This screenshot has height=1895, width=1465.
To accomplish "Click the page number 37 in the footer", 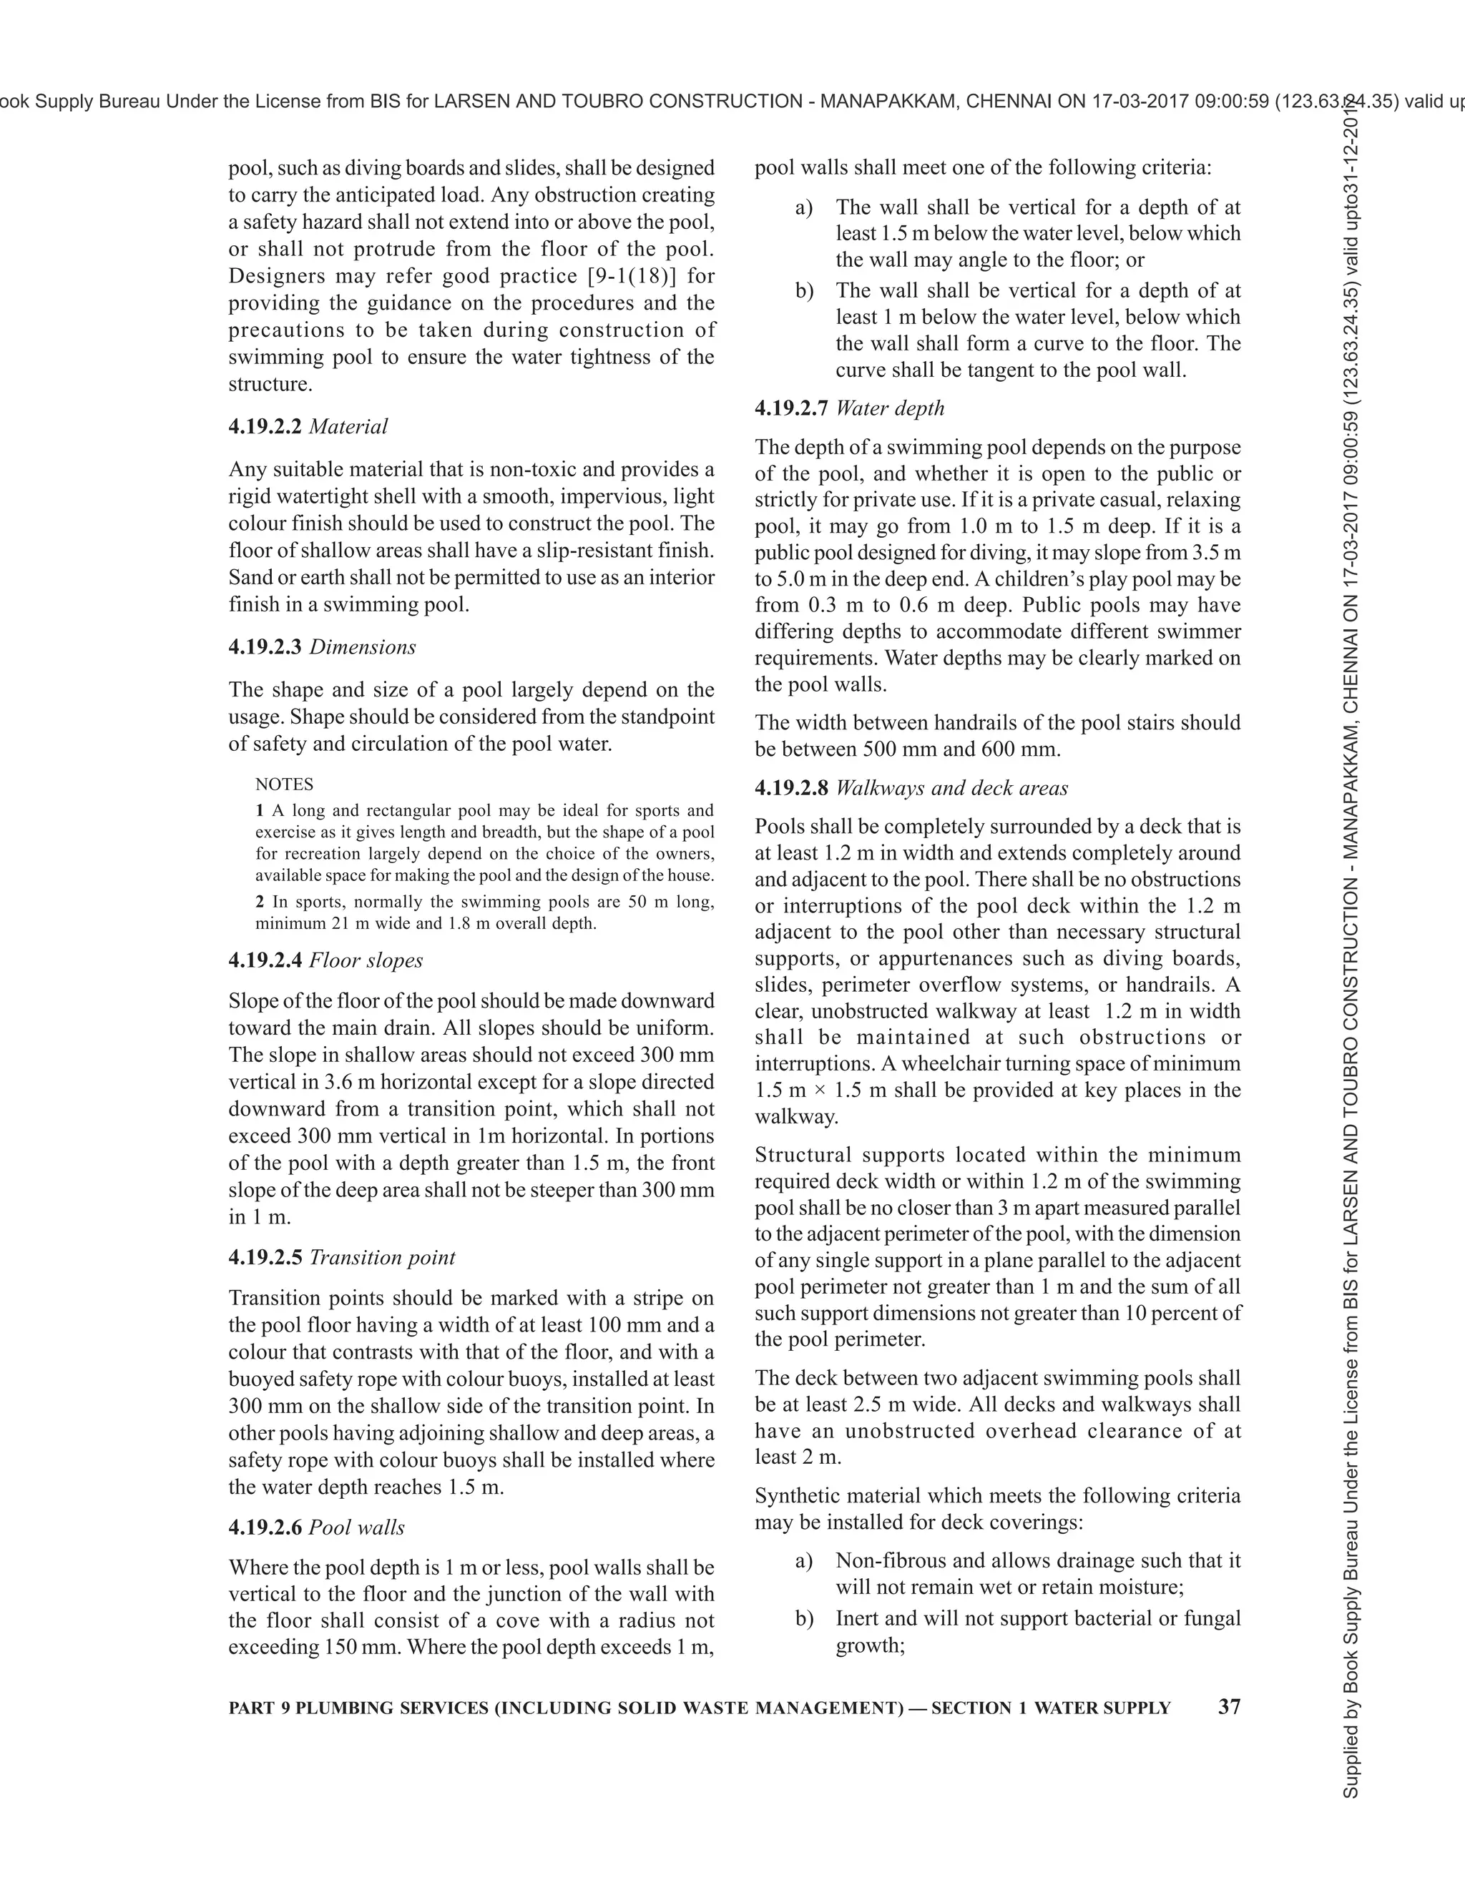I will click(1229, 1707).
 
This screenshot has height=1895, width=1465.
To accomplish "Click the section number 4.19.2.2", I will click(265, 427).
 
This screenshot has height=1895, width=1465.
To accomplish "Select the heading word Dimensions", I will click(362, 647).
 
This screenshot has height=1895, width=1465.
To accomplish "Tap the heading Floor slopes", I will click(366, 960).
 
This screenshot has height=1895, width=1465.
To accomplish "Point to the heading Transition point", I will click(381, 1258).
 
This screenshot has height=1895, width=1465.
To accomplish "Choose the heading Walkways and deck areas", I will click(951, 789).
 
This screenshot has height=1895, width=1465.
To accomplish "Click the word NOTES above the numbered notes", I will click(284, 784).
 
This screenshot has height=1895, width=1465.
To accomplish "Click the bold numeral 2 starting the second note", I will click(260, 902).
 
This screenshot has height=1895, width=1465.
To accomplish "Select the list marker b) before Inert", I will click(803, 1618).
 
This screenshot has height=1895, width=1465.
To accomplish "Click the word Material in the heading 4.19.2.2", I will click(348, 427).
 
